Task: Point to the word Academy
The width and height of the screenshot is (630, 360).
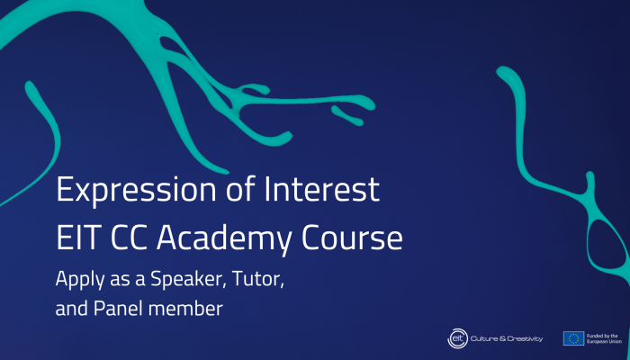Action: pos(224,240)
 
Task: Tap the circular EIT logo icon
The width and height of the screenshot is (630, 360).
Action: pos(457,338)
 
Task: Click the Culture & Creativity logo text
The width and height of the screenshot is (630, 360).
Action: pos(507,338)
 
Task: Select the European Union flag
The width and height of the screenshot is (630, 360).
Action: pos(573,338)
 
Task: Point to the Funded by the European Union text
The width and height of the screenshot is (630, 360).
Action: pos(604,338)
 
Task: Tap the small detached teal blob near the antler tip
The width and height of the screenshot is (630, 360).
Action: pos(347,115)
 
